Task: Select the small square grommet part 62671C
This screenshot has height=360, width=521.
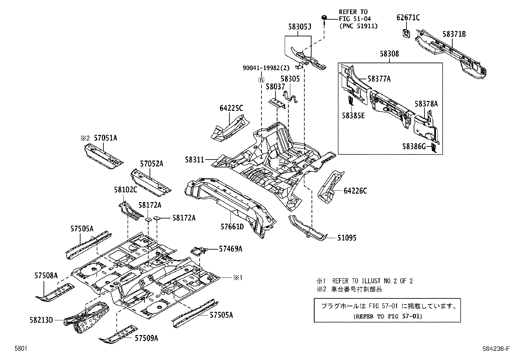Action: [406, 33]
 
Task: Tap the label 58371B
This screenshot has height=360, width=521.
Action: [454, 34]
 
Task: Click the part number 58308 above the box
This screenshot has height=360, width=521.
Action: [389, 54]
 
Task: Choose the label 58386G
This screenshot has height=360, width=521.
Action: [414, 147]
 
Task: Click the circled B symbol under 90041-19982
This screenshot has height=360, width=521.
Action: [261, 80]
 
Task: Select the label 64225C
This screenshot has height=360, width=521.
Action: [232, 108]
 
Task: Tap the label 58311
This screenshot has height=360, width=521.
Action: [194, 160]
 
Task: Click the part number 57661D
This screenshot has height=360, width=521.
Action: [232, 226]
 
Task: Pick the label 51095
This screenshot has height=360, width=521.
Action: [347, 238]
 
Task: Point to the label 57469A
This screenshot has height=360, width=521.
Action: [230, 249]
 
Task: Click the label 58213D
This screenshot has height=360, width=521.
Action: [42, 320]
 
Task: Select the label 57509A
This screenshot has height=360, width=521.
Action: [146, 338]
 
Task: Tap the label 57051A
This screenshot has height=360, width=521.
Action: [105, 138]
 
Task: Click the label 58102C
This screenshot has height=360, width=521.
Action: [125, 189]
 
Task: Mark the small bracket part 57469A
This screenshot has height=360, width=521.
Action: [198, 251]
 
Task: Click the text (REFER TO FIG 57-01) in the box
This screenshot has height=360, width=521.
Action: [387, 316]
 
